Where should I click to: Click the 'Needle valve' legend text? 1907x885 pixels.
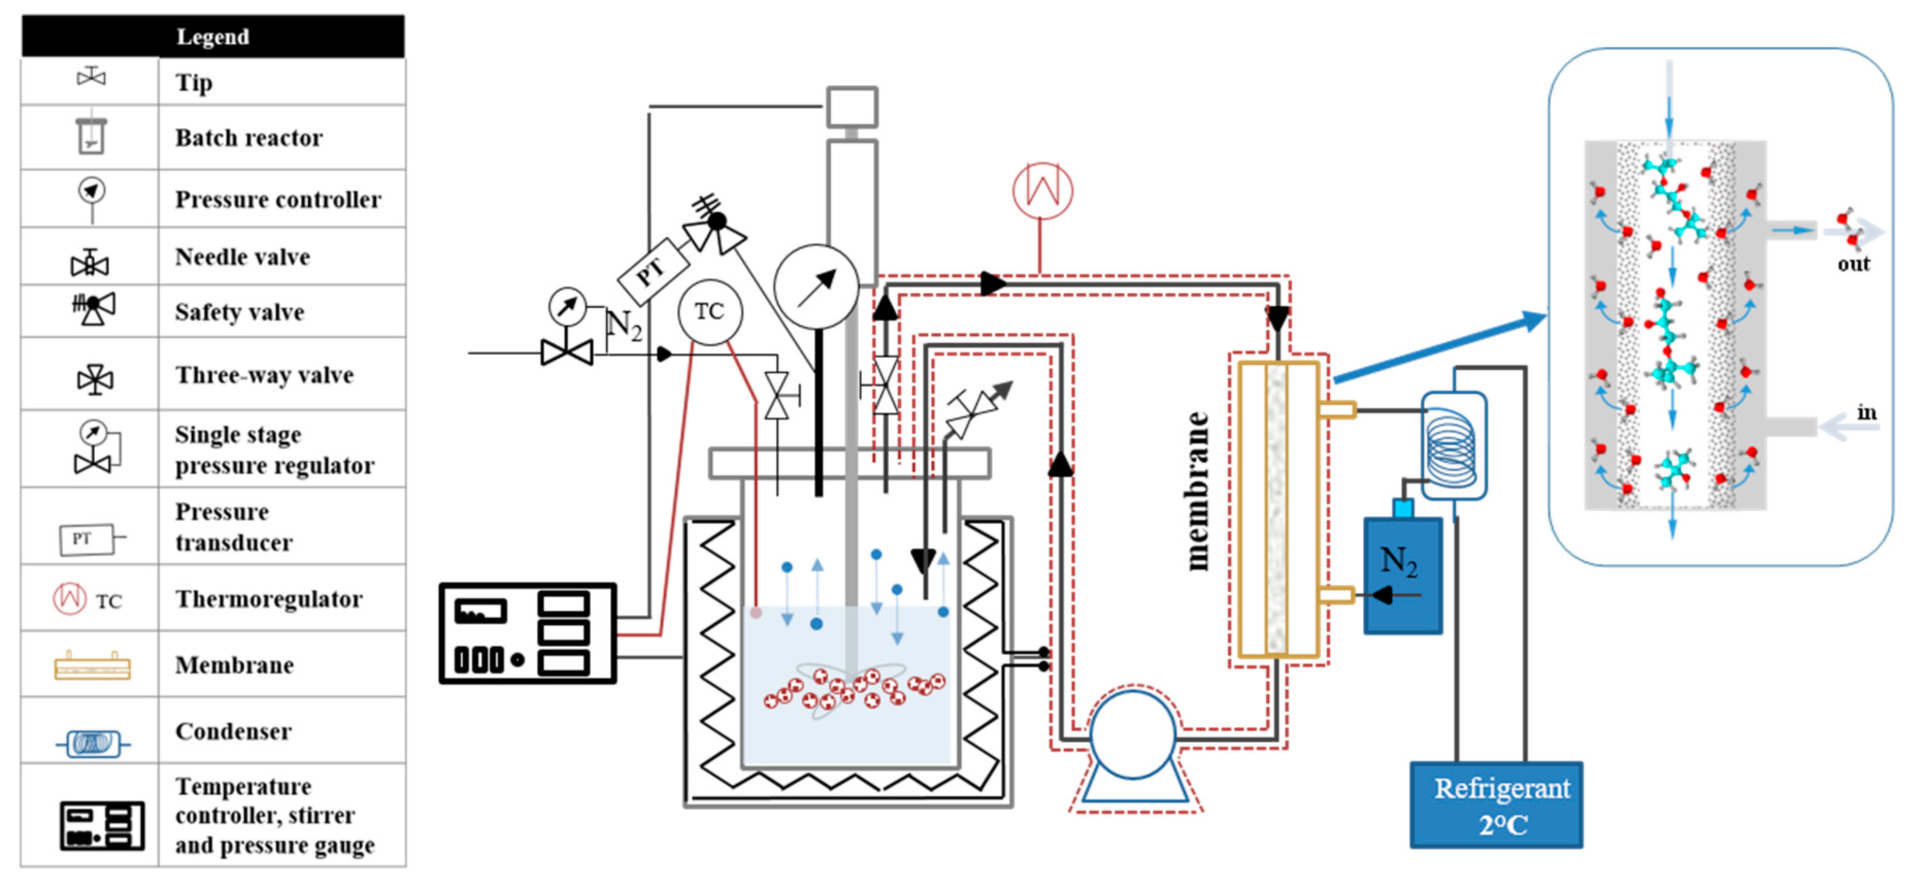pos(242,257)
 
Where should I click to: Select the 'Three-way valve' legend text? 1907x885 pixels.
pos(263,375)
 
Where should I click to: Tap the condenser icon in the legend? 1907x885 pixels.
pos(93,743)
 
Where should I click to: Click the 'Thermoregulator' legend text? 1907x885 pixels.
pos(269,598)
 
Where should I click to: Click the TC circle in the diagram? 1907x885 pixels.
pos(709,312)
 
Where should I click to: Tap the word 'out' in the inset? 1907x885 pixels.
pos(1852,264)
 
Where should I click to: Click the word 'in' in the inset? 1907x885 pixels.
pos(1866,412)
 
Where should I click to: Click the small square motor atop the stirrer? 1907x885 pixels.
pos(851,107)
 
